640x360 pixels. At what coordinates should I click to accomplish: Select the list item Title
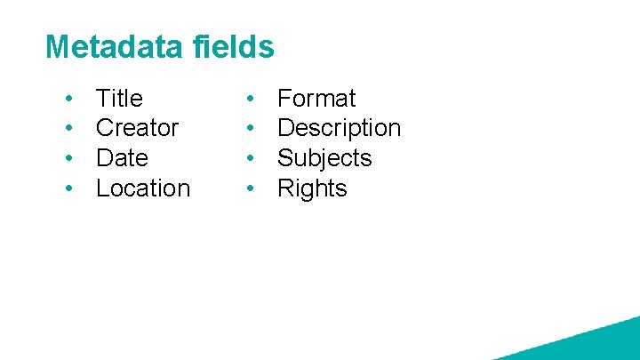[x=119, y=98]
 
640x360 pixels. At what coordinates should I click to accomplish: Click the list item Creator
[x=137, y=128]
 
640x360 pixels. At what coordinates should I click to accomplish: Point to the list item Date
[x=122, y=158]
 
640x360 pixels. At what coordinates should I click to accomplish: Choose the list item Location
[x=143, y=188]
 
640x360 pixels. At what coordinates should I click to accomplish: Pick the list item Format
[x=316, y=98]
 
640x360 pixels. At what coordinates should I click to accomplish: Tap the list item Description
[x=339, y=128]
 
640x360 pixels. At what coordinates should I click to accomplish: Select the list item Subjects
[x=324, y=158]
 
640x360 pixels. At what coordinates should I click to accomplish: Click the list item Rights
[x=312, y=188]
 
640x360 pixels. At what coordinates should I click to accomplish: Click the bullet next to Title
[x=68, y=98]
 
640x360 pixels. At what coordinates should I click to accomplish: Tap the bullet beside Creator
[x=68, y=128]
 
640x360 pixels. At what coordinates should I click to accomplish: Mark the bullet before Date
[x=68, y=158]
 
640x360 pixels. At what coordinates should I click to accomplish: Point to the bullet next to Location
[x=68, y=188]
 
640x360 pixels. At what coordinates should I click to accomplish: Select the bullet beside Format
[x=251, y=98]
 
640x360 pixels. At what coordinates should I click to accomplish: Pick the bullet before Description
[x=251, y=128]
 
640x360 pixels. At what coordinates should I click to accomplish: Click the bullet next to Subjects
[x=251, y=158]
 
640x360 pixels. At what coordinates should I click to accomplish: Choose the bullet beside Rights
[x=251, y=188]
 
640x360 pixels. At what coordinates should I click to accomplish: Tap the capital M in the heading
[x=56, y=47]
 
